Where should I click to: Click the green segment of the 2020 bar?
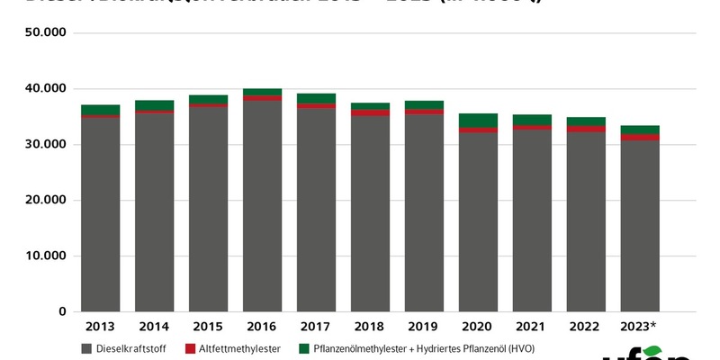(478, 121)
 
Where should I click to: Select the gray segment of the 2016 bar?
(262, 207)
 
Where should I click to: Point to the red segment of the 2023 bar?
(640, 137)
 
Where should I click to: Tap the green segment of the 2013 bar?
(100, 110)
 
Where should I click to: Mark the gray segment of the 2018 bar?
(370, 216)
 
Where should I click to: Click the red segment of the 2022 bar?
(586, 129)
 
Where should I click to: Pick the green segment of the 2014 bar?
(154, 105)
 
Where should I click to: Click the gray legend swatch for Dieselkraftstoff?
(86, 348)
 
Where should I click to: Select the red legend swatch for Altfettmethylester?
(191, 348)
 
